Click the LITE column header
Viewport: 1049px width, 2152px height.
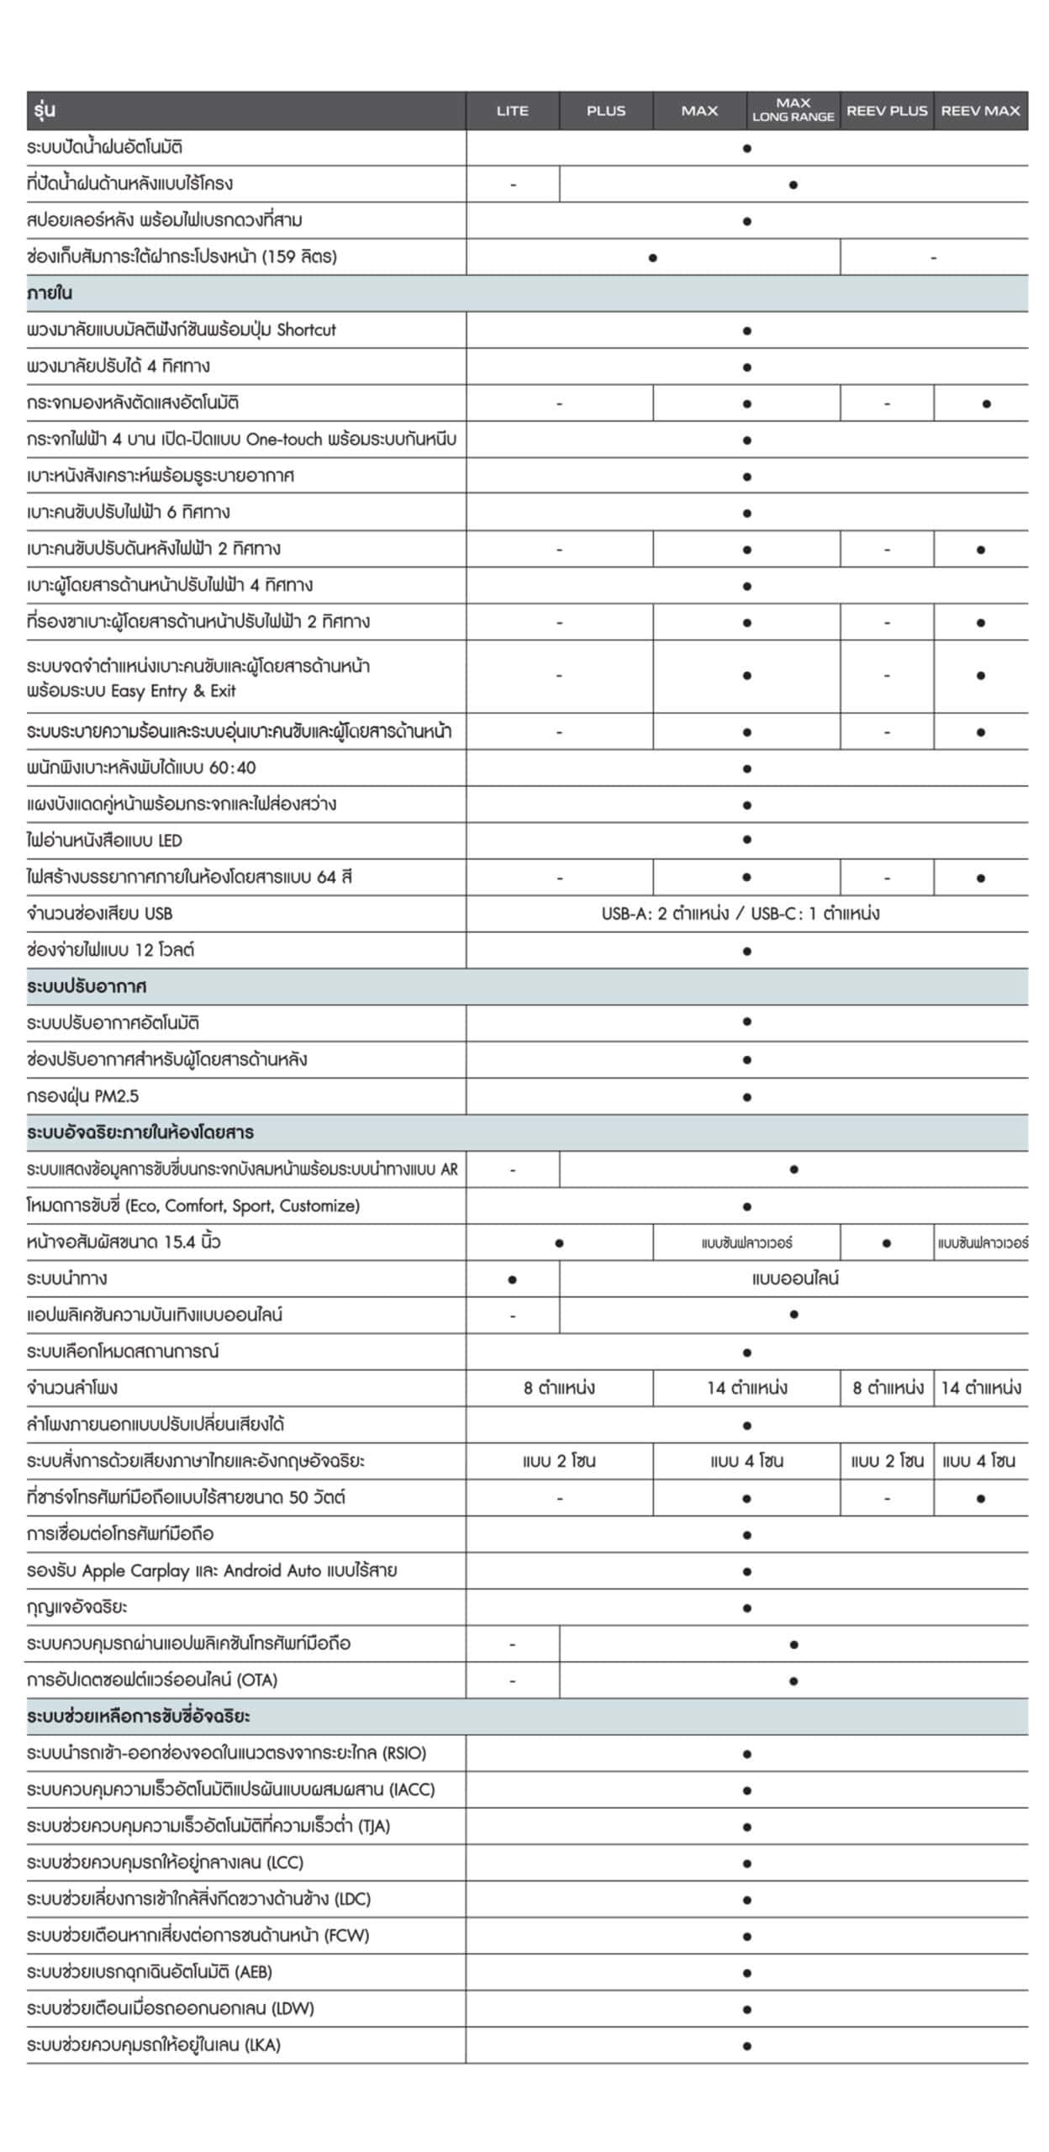512,111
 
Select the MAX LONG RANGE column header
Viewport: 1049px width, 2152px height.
793,110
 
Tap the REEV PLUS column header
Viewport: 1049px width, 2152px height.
887,111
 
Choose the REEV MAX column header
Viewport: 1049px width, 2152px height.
980,111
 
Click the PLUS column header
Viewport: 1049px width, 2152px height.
606,111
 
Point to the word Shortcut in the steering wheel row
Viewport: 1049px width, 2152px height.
306,330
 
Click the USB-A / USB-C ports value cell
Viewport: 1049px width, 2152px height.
741,914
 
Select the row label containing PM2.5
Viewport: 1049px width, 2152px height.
82,1096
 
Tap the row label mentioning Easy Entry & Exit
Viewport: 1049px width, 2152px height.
198,678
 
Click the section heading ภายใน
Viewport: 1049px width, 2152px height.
50,293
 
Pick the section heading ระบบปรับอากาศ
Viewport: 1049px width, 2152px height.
87,987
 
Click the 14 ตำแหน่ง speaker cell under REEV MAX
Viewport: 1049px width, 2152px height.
981,1388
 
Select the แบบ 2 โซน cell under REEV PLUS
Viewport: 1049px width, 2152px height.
887,1461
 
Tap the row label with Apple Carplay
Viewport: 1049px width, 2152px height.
212,1570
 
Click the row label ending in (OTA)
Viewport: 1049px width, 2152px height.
152,1680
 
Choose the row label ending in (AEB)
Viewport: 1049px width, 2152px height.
150,1971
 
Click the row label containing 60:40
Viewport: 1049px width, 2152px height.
141,767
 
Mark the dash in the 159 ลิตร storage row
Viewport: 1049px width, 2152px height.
933,257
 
